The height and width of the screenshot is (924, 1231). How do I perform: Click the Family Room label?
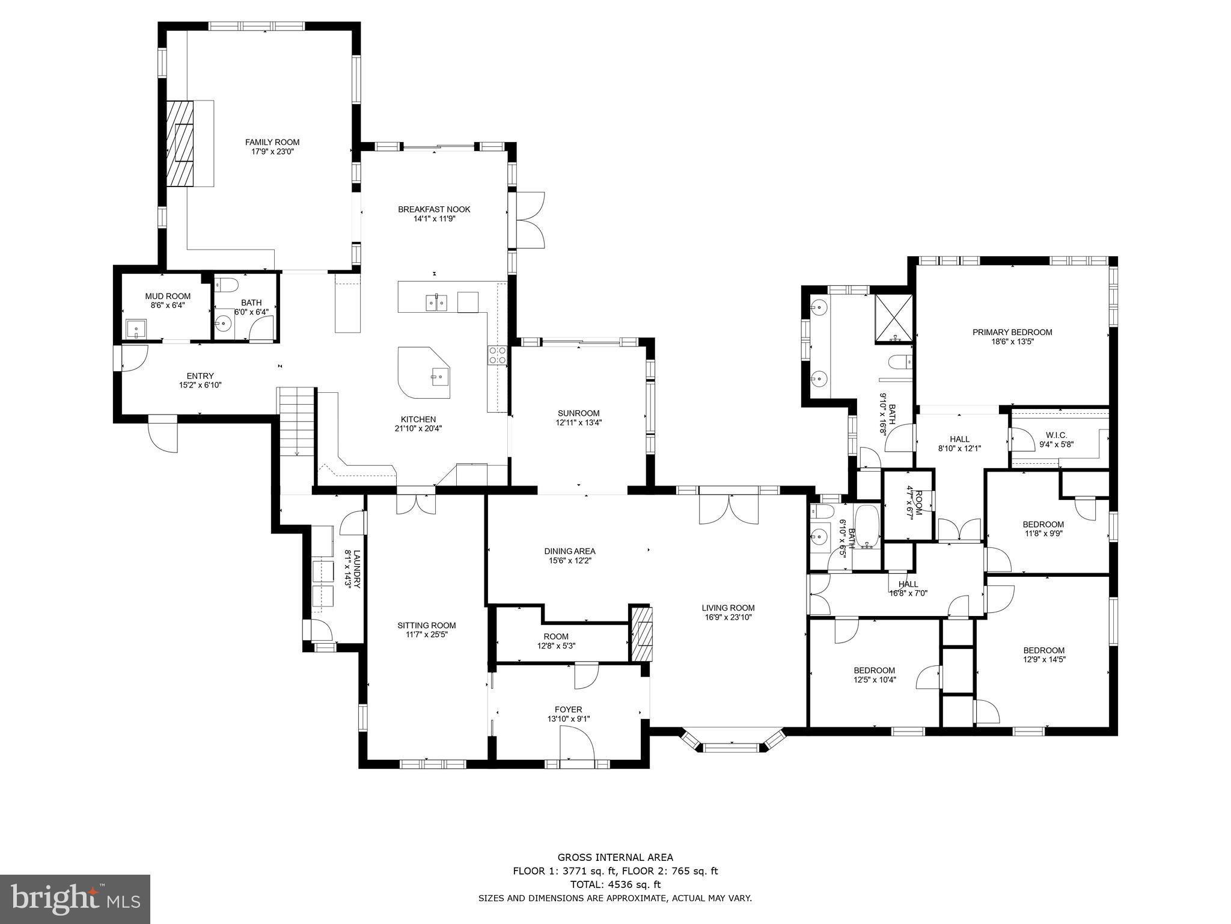point(272,142)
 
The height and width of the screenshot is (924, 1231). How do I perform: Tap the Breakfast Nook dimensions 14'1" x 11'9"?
point(434,219)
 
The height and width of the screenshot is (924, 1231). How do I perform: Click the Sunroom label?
point(578,413)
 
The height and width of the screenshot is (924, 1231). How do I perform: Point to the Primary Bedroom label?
point(1012,332)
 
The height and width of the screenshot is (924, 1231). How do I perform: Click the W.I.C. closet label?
point(1056,435)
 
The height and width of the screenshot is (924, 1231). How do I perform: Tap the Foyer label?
point(568,709)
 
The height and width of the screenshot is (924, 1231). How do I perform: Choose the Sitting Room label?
point(426,625)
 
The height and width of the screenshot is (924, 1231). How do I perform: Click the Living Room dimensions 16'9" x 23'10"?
point(729,617)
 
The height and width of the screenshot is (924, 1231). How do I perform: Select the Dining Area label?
point(569,551)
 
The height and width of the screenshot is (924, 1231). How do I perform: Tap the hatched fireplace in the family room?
point(180,143)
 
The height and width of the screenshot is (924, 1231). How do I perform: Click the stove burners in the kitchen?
point(497,354)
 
